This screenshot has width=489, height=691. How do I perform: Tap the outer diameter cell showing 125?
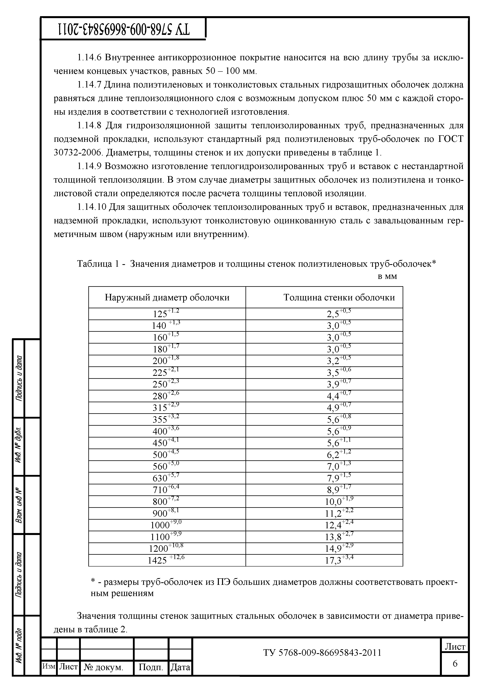pyautogui.click(x=167, y=314)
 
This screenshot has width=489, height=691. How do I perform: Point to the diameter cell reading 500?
pyautogui.click(x=167, y=455)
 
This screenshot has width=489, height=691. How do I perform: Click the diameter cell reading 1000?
pyautogui.click(x=167, y=525)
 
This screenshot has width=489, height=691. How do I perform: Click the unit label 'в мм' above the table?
pyautogui.click(x=387, y=276)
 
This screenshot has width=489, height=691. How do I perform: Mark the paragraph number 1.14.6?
pyautogui.click(x=90, y=58)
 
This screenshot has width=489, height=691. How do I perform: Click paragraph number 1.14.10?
pyautogui.click(x=92, y=207)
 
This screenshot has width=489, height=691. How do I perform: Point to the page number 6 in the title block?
pyautogui.click(x=455, y=664)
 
